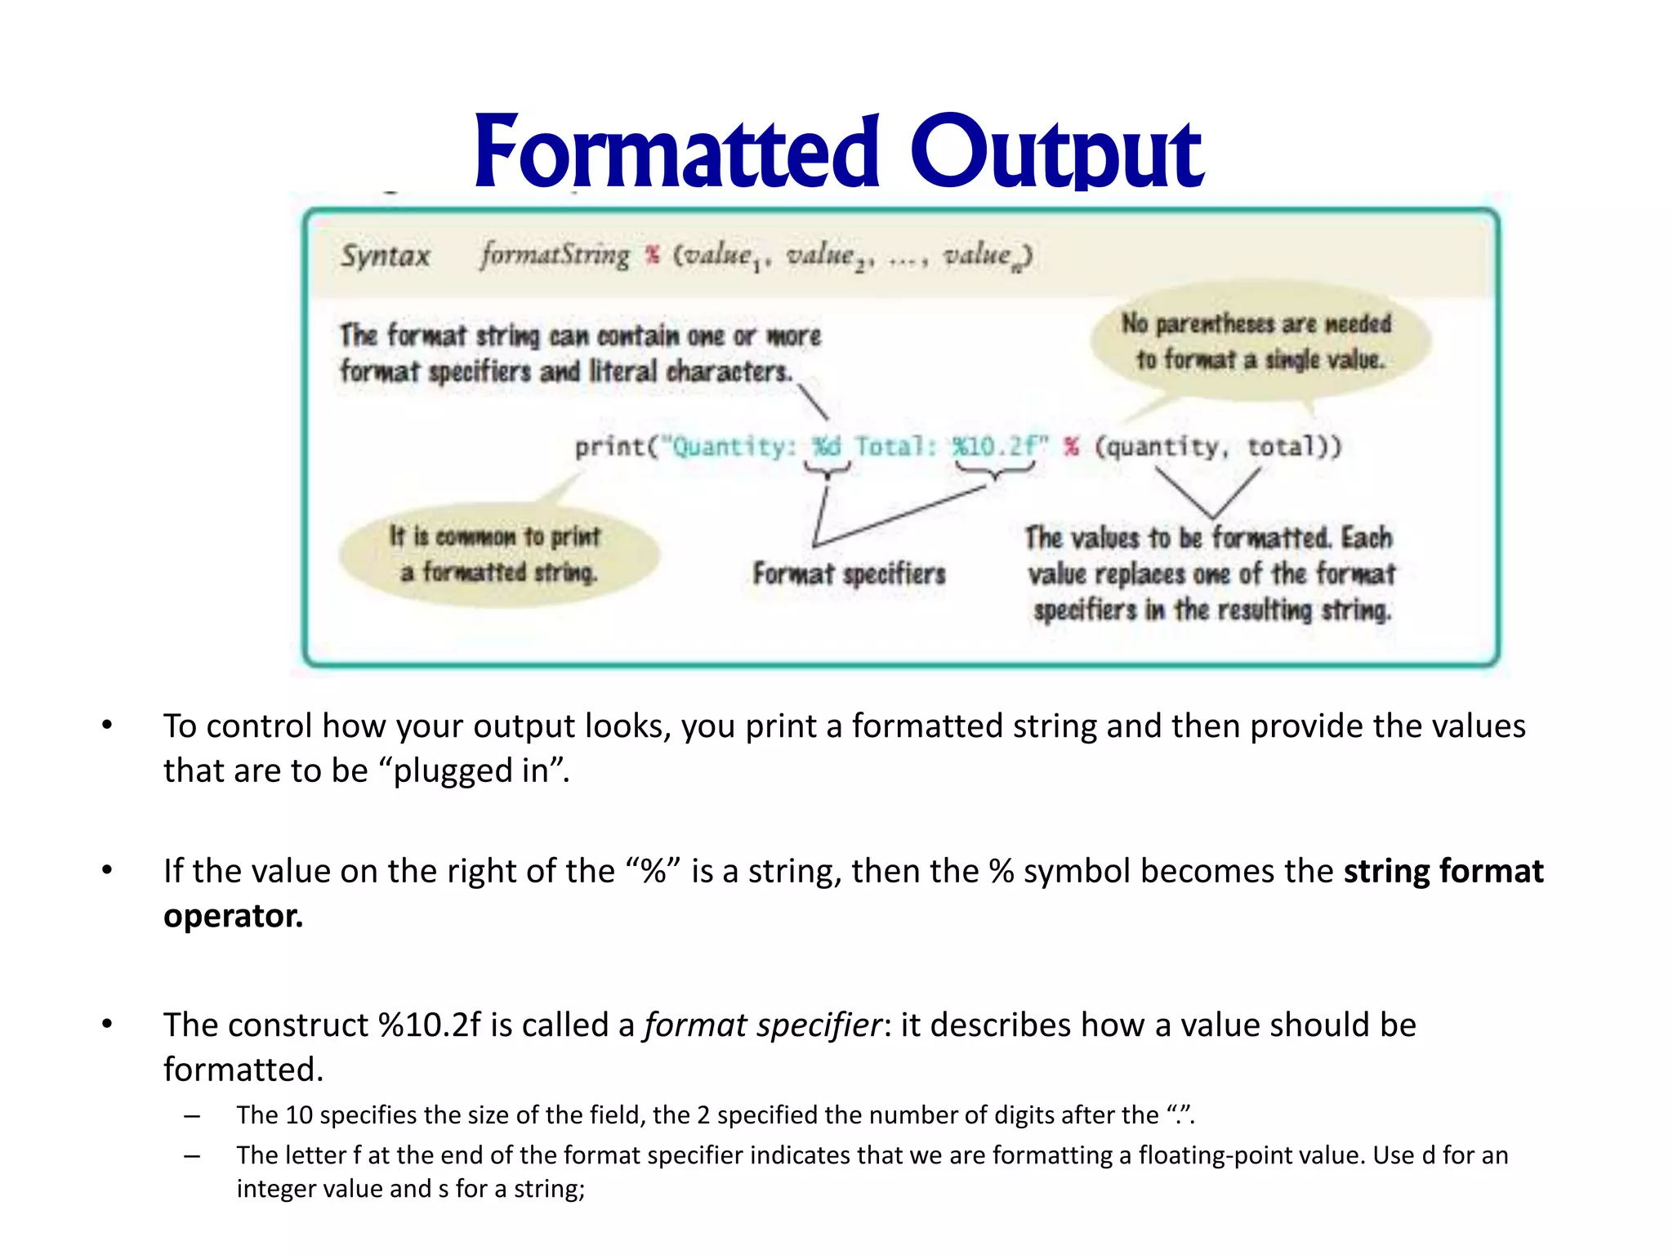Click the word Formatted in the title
(676, 153)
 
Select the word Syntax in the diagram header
(385, 256)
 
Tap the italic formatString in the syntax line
(555, 255)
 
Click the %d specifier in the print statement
(826, 447)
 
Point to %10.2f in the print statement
(994, 447)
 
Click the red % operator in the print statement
(1071, 447)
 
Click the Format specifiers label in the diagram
(849, 574)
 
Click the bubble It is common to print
(498, 554)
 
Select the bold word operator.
(233, 916)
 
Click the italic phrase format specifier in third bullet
(763, 1025)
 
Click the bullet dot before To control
(107, 726)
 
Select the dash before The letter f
(192, 1155)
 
